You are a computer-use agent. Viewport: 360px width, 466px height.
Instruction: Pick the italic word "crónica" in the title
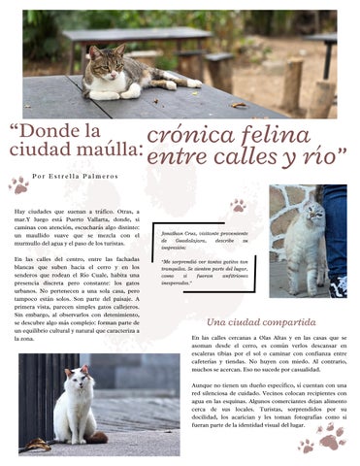click(x=185, y=135)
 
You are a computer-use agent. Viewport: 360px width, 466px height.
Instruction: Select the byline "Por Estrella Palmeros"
click(x=75, y=177)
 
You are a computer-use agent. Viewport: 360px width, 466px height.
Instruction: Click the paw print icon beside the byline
click(x=18, y=183)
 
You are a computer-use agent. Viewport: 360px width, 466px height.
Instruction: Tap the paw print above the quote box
click(x=237, y=205)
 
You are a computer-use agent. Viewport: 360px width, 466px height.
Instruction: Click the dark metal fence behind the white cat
click(x=39, y=388)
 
